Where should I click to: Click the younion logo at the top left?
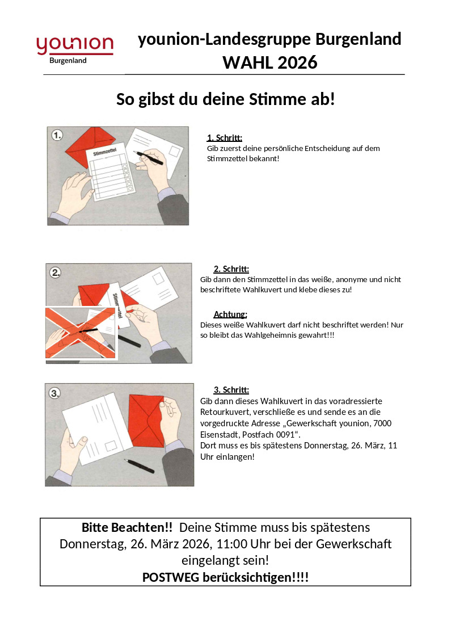(x=75, y=45)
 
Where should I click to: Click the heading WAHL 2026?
(x=269, y=62)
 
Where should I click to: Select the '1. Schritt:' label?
(x=225, y=137)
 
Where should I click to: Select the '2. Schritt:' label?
(x=231, y=269)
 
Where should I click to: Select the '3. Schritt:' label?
(x=231, y=390)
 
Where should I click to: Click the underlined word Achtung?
(x=230, y=314)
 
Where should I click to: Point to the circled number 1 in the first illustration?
(x=57, y=135)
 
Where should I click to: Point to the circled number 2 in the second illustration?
(x=56, y=272)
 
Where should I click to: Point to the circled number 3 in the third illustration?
(x=55, y=393)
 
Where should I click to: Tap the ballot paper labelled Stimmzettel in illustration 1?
(x=110, y=173)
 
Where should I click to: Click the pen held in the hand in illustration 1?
(x=149, y=157)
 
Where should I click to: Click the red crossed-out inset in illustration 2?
(x=81, y=333)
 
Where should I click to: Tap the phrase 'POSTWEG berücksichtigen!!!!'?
(x=225, y=577)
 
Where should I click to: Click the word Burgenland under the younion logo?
(x=68, y=61)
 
